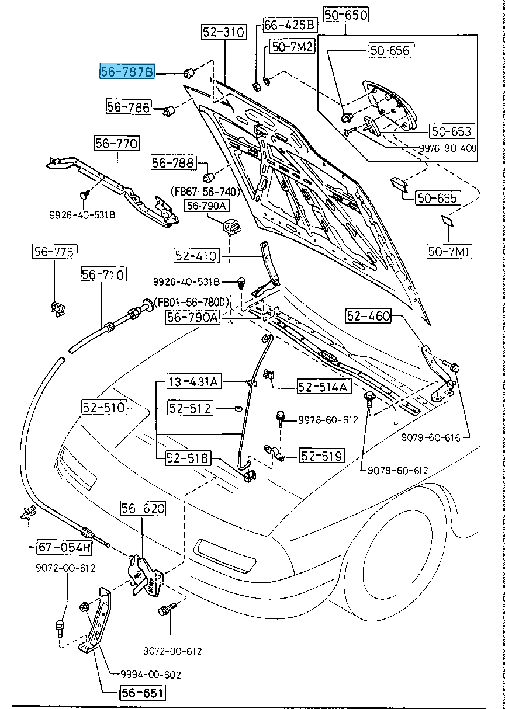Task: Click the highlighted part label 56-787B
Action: pos(127,72)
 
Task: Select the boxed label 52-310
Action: pos(224,33)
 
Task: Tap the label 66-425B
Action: pos(290,25)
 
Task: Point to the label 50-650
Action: pos(346,15)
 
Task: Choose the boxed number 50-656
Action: pos(390,50)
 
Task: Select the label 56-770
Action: pos(117,144)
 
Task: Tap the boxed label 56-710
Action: pos(103,274)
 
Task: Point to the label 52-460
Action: pos(368,316)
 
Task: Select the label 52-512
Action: pos(190,408)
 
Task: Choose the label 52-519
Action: pos(322,455)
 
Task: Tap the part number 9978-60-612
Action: pos(328,419)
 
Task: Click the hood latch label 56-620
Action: pos(143,509)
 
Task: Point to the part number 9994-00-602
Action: pos(151,675)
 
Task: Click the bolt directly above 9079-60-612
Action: pos(369,398)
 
